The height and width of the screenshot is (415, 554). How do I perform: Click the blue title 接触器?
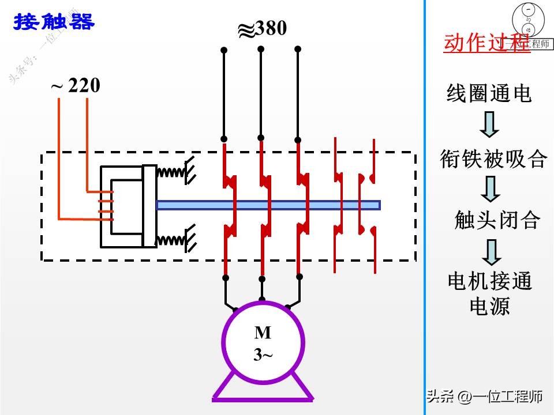pyautogui.click(x=54, y=22)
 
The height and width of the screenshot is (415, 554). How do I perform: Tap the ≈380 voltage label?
pyautogui.click(x=263, y=29)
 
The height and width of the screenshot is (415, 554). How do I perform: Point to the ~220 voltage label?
pyautogui.click(x=76, y=86)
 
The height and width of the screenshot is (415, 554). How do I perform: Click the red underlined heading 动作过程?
pyautogui.click(x=486, y=43)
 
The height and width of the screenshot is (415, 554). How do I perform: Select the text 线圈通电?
pyautogui.click(x=489, y=93)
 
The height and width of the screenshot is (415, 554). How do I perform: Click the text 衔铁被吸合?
pyautogui.click(x=493, y=158)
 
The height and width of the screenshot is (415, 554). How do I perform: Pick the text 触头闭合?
pyautogui.click(x=497, y=220)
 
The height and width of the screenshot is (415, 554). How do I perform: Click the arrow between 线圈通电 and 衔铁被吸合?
pyautogui.click(x=489, y=125)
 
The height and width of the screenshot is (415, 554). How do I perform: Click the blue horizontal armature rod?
pyautogui.click(x=268, y=205)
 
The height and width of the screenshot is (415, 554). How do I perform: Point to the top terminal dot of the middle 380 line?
pyautogui.click(x=261, y=49)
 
